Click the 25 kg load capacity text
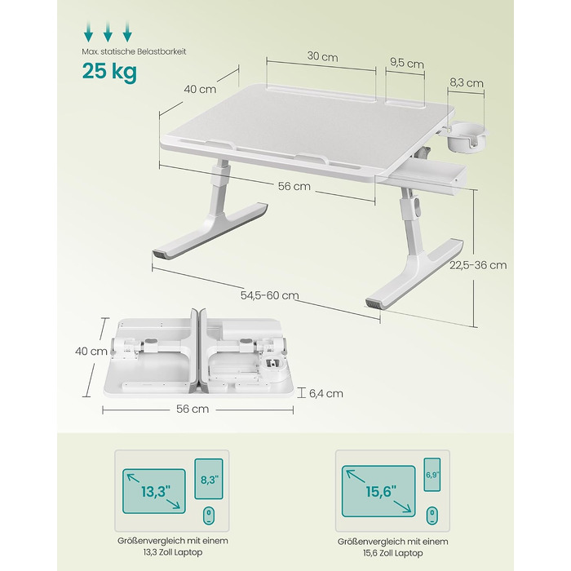(x=109, y=71)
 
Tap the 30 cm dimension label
(x=322, y=56)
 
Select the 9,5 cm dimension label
(x=407, y=63)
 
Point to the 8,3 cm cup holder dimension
(x=466, y=82)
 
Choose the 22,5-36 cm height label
(x=478, y=265)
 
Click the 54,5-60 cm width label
(x=269, y=295)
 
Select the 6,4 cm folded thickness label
(x=326, y=393)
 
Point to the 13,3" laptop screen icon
(x=154, y=491)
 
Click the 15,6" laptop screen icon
(x=378, y=491)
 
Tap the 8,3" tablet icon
(x=209, y=479)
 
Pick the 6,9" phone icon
(x=432, y=475)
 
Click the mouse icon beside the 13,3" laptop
(x=208, y=516)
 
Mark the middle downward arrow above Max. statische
(x=108, y=31)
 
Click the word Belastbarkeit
(x=162, y=51)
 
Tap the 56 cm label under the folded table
(x=193, y=409)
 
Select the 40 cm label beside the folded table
(x=91, y=352)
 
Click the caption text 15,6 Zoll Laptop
(x=393, y=553)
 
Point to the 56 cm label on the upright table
(x=294, y=186)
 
